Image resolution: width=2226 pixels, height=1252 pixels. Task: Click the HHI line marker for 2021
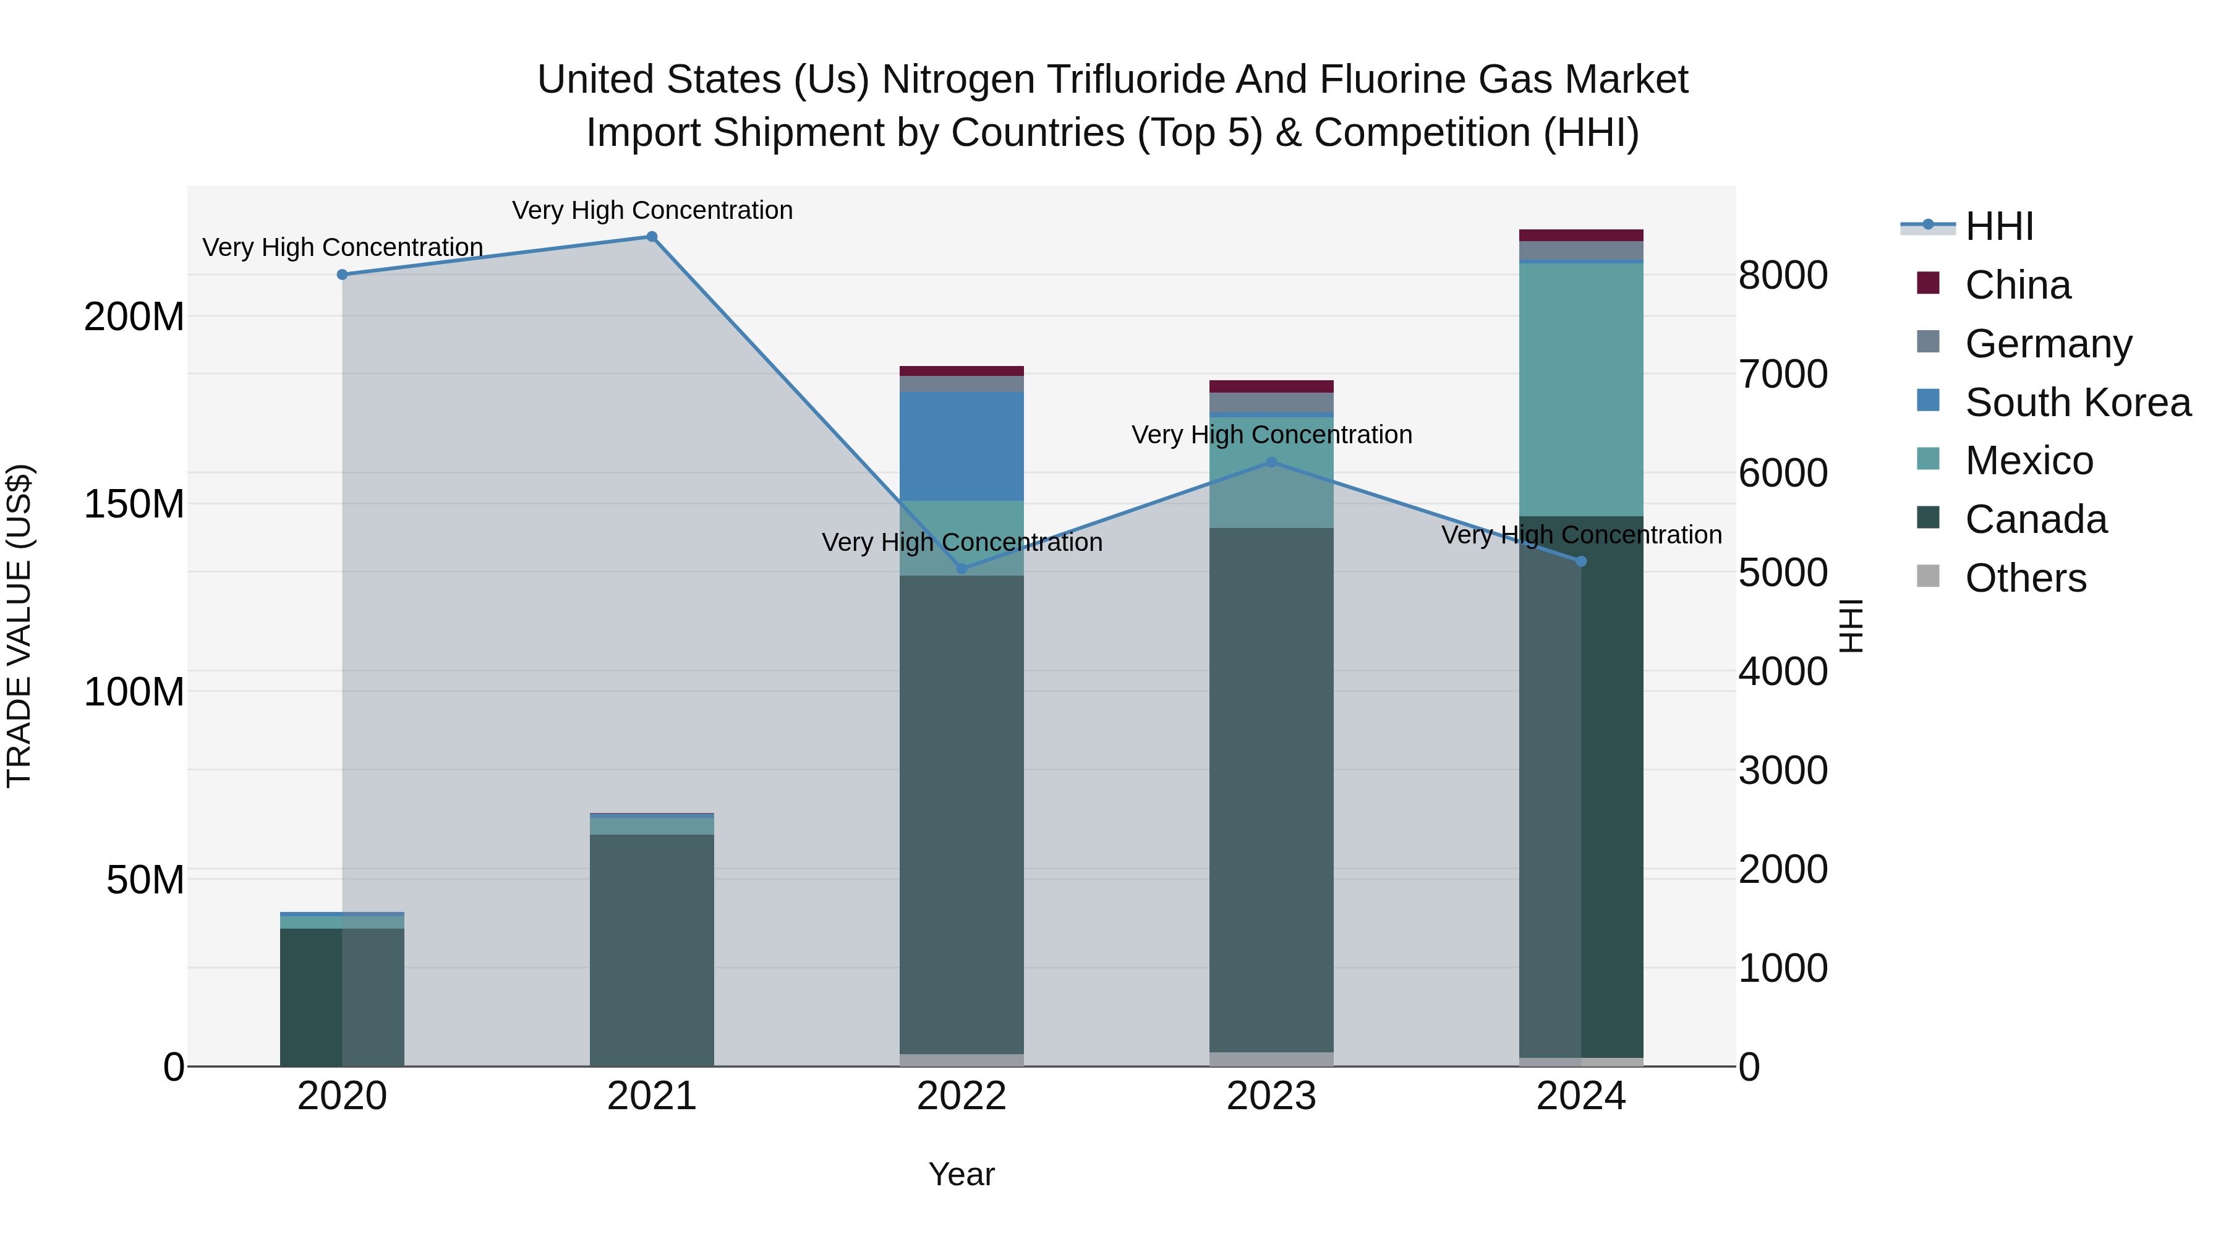[x=652, y=237]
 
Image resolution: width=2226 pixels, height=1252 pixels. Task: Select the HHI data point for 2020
[x=342, y=275]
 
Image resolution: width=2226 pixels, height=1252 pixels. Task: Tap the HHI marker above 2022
[x=962, y=569]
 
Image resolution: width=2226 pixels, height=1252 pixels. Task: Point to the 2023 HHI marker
[x=1271, y=462]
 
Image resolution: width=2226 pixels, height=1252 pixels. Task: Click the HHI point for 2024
[x=1581, y=561]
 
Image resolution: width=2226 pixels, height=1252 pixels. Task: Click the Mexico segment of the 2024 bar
[x=1581, y=389]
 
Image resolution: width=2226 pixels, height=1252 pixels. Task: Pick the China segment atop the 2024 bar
[x=1581, y=235]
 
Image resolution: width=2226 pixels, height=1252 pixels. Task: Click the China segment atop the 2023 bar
[x=1271, y=386]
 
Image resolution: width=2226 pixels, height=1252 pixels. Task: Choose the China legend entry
[x=2017, y=285]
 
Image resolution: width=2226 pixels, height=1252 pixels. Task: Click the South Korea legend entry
[x=2078, y=402]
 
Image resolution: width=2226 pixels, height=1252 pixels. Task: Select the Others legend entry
[x=2024, y=578]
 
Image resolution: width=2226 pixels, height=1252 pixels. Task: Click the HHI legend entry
[x=1998, y=226]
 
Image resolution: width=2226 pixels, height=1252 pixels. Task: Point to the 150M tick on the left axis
[x=134, y=504]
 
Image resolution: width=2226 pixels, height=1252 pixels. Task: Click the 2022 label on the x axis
[x=962, y=1096]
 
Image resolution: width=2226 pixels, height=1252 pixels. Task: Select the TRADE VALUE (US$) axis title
[x=19, y=626]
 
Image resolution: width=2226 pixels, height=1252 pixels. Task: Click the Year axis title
[x=962, y=1174]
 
